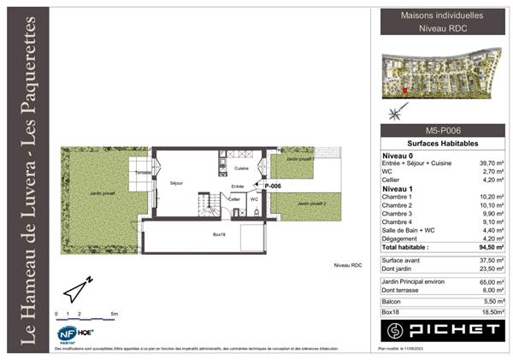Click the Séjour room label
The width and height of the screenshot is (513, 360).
click(176, 183)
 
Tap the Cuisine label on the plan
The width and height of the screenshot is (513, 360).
click(242, 168)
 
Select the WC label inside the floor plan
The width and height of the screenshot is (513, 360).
click(254, 198)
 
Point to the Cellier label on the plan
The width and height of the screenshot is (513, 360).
click(233, 198)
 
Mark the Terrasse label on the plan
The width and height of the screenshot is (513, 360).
click(143, 173)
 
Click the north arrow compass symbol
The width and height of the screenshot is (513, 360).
click(78, 291)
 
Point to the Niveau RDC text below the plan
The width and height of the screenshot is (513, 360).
click(348, 266)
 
